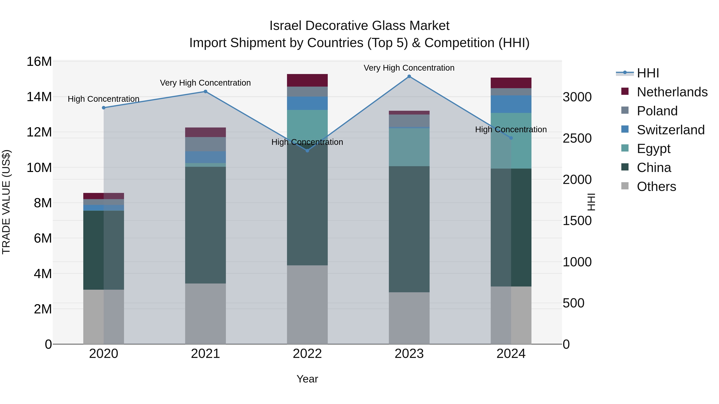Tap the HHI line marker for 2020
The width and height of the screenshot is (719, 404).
pos(103,108)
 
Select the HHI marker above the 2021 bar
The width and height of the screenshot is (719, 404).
pos(206,91)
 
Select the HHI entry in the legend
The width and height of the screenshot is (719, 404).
pos(647,73)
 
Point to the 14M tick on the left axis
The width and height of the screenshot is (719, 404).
pos(39,97)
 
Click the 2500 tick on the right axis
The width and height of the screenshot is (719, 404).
pos(577,138)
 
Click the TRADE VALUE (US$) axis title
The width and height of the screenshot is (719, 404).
pos(6,202)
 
